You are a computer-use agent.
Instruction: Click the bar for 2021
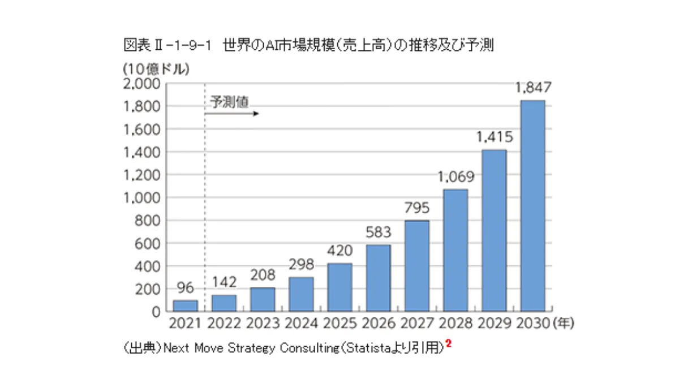(185, 305)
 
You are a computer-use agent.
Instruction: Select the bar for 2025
(339, 287)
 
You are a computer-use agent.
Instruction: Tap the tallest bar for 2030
(532, 206)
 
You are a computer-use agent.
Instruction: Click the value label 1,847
(533, 88)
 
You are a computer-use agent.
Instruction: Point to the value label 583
(379, 232)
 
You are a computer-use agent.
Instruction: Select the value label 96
(185, 288)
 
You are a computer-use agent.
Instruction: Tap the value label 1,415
(494, 137)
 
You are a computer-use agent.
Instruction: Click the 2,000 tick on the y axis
(141, 84)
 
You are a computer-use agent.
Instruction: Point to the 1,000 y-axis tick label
(141, 198)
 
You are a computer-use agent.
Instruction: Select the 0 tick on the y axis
(157, 312)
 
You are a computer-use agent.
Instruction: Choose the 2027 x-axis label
(417, 325)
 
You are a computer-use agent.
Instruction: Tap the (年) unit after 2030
(564, 325)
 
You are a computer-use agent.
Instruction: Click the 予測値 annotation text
(229, 102)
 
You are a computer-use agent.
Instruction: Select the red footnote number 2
(448, 343)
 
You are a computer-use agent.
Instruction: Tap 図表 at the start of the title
(133, 45)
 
